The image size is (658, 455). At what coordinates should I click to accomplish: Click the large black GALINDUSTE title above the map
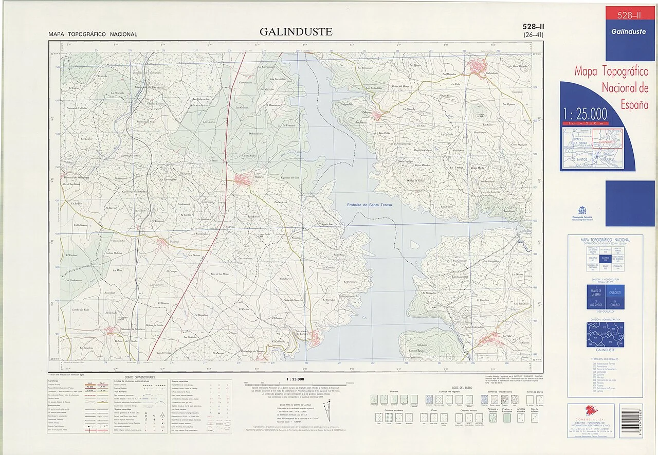[x=296, y=32]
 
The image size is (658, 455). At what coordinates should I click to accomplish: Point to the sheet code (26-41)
[x=533, y=35]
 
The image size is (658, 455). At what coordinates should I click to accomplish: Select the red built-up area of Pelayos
[x=377, y=116]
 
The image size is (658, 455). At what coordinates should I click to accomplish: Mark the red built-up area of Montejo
[x=243, y=179]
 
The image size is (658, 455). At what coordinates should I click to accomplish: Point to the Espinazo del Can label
[x=289, y=177]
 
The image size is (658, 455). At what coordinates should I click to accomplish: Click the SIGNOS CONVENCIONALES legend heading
[x=133, y=377]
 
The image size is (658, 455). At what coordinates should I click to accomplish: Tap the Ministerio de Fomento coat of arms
[x=582, y=211]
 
